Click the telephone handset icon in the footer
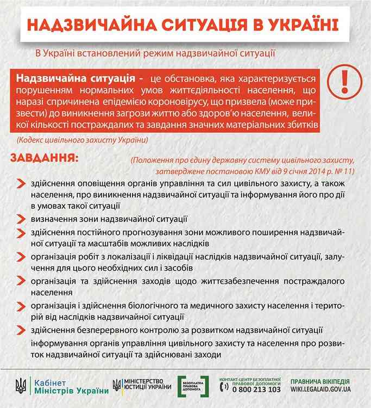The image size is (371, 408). click(x=223, y=388)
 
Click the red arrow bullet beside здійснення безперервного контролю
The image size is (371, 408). click(x=20, y=330)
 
